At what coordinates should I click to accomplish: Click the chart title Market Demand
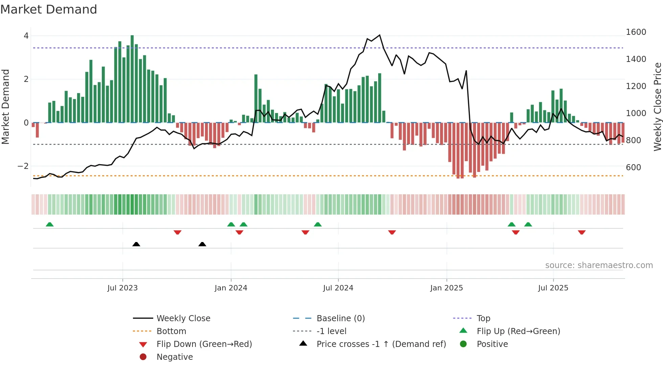pos(49,9)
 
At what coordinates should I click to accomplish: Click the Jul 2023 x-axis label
pos(122,288)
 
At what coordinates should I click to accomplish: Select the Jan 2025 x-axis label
pos(447,288)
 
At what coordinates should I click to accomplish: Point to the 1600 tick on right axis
pos(636,32)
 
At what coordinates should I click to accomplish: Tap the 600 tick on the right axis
pos(633,168)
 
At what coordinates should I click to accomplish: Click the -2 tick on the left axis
pos(23,166)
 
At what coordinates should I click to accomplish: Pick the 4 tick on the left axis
pos(26,36)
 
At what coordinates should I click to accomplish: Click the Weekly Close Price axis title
pos(657,107)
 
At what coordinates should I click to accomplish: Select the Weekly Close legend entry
pos(183,319)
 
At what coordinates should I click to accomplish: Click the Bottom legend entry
pos(171,331)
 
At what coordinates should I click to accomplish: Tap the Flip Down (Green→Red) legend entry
pos(204,344)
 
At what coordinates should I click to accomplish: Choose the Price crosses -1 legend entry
pos(381,344)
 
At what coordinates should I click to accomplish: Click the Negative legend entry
pos(175,357)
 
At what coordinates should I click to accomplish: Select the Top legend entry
pos(483,319)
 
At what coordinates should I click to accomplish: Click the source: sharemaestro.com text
pos(599,265)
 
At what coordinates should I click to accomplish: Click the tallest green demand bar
pos(132,79)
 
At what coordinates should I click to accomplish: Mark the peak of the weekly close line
pos(380,35)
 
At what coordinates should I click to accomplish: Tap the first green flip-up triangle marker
pos(50,224)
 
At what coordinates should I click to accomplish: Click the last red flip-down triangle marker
pos(582,232)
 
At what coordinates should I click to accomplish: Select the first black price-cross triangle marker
pos(136,244)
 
